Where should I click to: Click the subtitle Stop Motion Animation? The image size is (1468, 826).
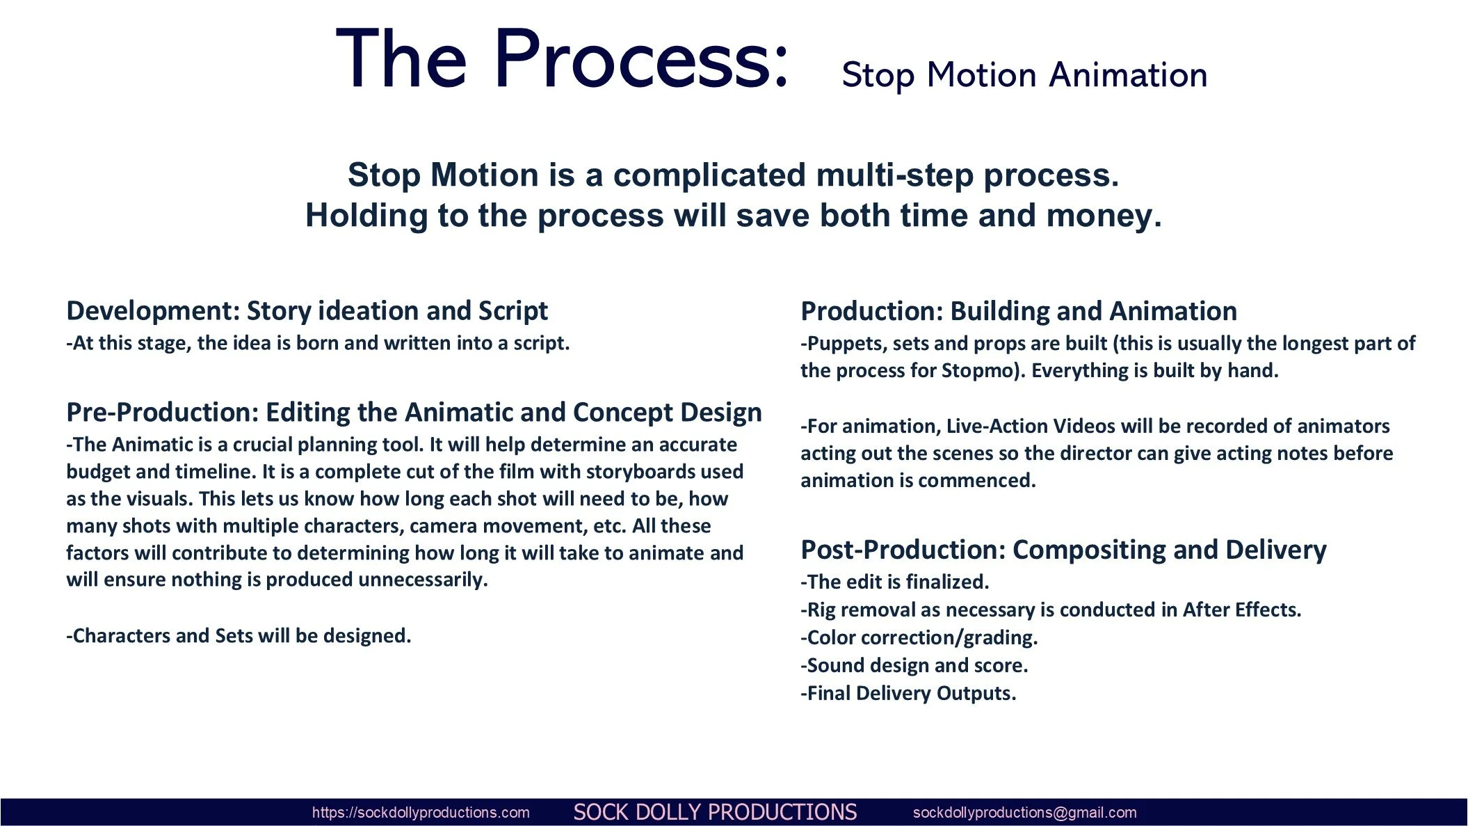1024,75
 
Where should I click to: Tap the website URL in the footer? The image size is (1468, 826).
421,812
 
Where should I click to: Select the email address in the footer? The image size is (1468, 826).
1024,812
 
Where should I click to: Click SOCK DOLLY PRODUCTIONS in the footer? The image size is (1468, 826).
715,812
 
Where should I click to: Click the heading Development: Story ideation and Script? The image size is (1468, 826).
307,310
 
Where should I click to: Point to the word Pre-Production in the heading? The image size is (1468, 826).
162,412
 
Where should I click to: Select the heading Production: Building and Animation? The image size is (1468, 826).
1018,310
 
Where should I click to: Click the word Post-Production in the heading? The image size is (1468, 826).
903,550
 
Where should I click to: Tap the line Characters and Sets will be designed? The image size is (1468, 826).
239,635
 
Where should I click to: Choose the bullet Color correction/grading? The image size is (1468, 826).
919,637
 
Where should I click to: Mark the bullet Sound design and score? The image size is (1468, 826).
914,665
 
